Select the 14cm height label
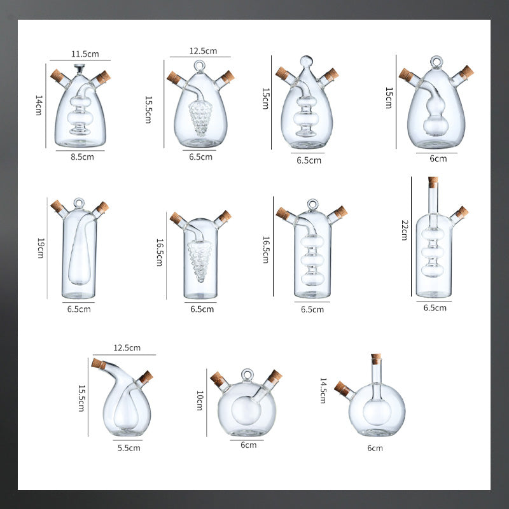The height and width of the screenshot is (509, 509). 39,105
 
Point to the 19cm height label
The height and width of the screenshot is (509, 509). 40,246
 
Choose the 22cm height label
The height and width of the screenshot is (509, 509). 403,230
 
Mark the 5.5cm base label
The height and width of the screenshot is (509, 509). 129,447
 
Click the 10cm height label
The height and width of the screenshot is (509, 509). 200,400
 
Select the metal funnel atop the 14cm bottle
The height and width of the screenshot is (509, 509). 80,67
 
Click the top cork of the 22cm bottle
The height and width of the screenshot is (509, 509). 433,182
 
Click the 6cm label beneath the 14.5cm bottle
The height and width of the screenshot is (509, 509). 375,448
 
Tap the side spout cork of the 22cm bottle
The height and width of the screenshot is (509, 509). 461,212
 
